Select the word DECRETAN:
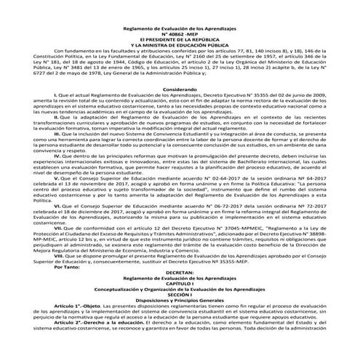180,277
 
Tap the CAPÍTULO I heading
180,289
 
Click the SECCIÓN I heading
180,301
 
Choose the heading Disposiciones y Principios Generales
180,307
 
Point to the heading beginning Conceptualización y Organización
180,295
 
